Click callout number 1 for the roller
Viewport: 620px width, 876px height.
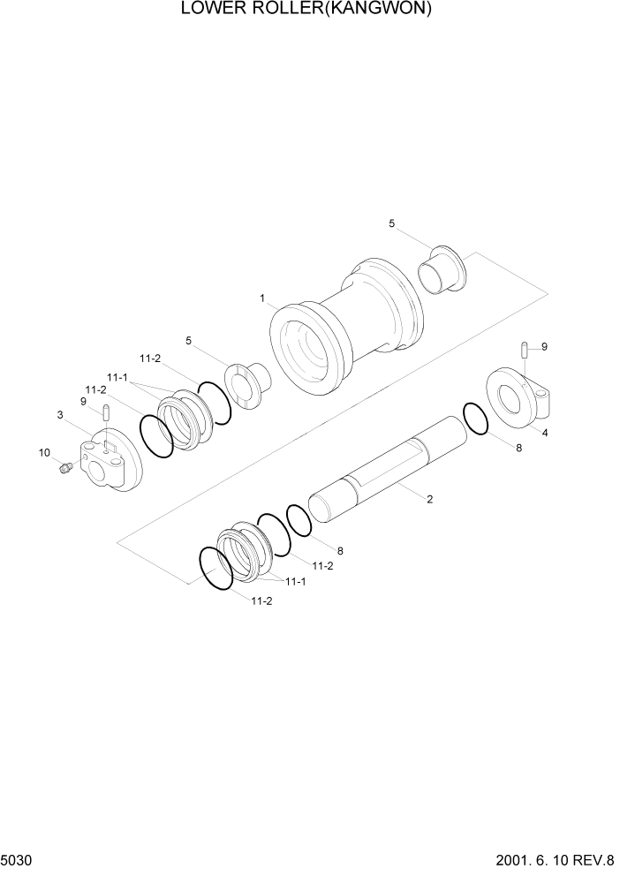click(x=262, y=298)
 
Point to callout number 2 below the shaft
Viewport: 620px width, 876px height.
click(x=429, y=499)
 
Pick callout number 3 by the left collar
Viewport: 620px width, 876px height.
click(x=60, y=414)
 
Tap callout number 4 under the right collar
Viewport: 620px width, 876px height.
click(x=544, y=433)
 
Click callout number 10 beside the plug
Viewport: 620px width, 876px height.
click(x=43, y=453)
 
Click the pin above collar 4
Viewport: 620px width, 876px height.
click(x=525, y=350)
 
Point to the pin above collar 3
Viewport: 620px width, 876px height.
click(x=105, y=412)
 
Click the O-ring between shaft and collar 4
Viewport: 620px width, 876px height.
click(x=474, y=419)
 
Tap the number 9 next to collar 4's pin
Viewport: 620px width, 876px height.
click(x=544, y=347)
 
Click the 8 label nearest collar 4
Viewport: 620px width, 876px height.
click(x=518, y=448)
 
